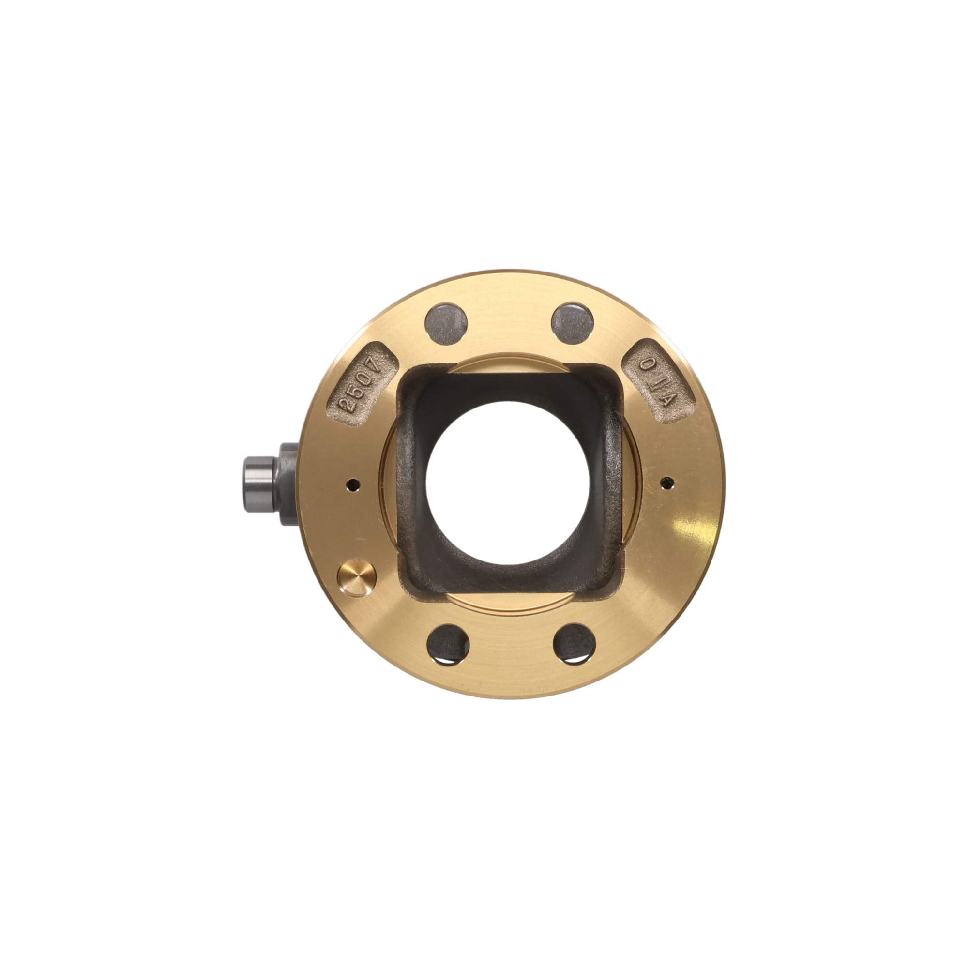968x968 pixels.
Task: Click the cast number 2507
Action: pos(364,384)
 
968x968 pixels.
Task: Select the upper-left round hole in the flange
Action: pos(446,324)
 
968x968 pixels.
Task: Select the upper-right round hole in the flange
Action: pos(572,324)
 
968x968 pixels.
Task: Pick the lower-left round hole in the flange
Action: pos(447,644)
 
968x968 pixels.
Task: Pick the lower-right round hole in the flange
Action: pos(574,644)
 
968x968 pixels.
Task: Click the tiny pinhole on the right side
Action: pos(667,483)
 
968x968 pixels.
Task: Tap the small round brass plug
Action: pos(357,578)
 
